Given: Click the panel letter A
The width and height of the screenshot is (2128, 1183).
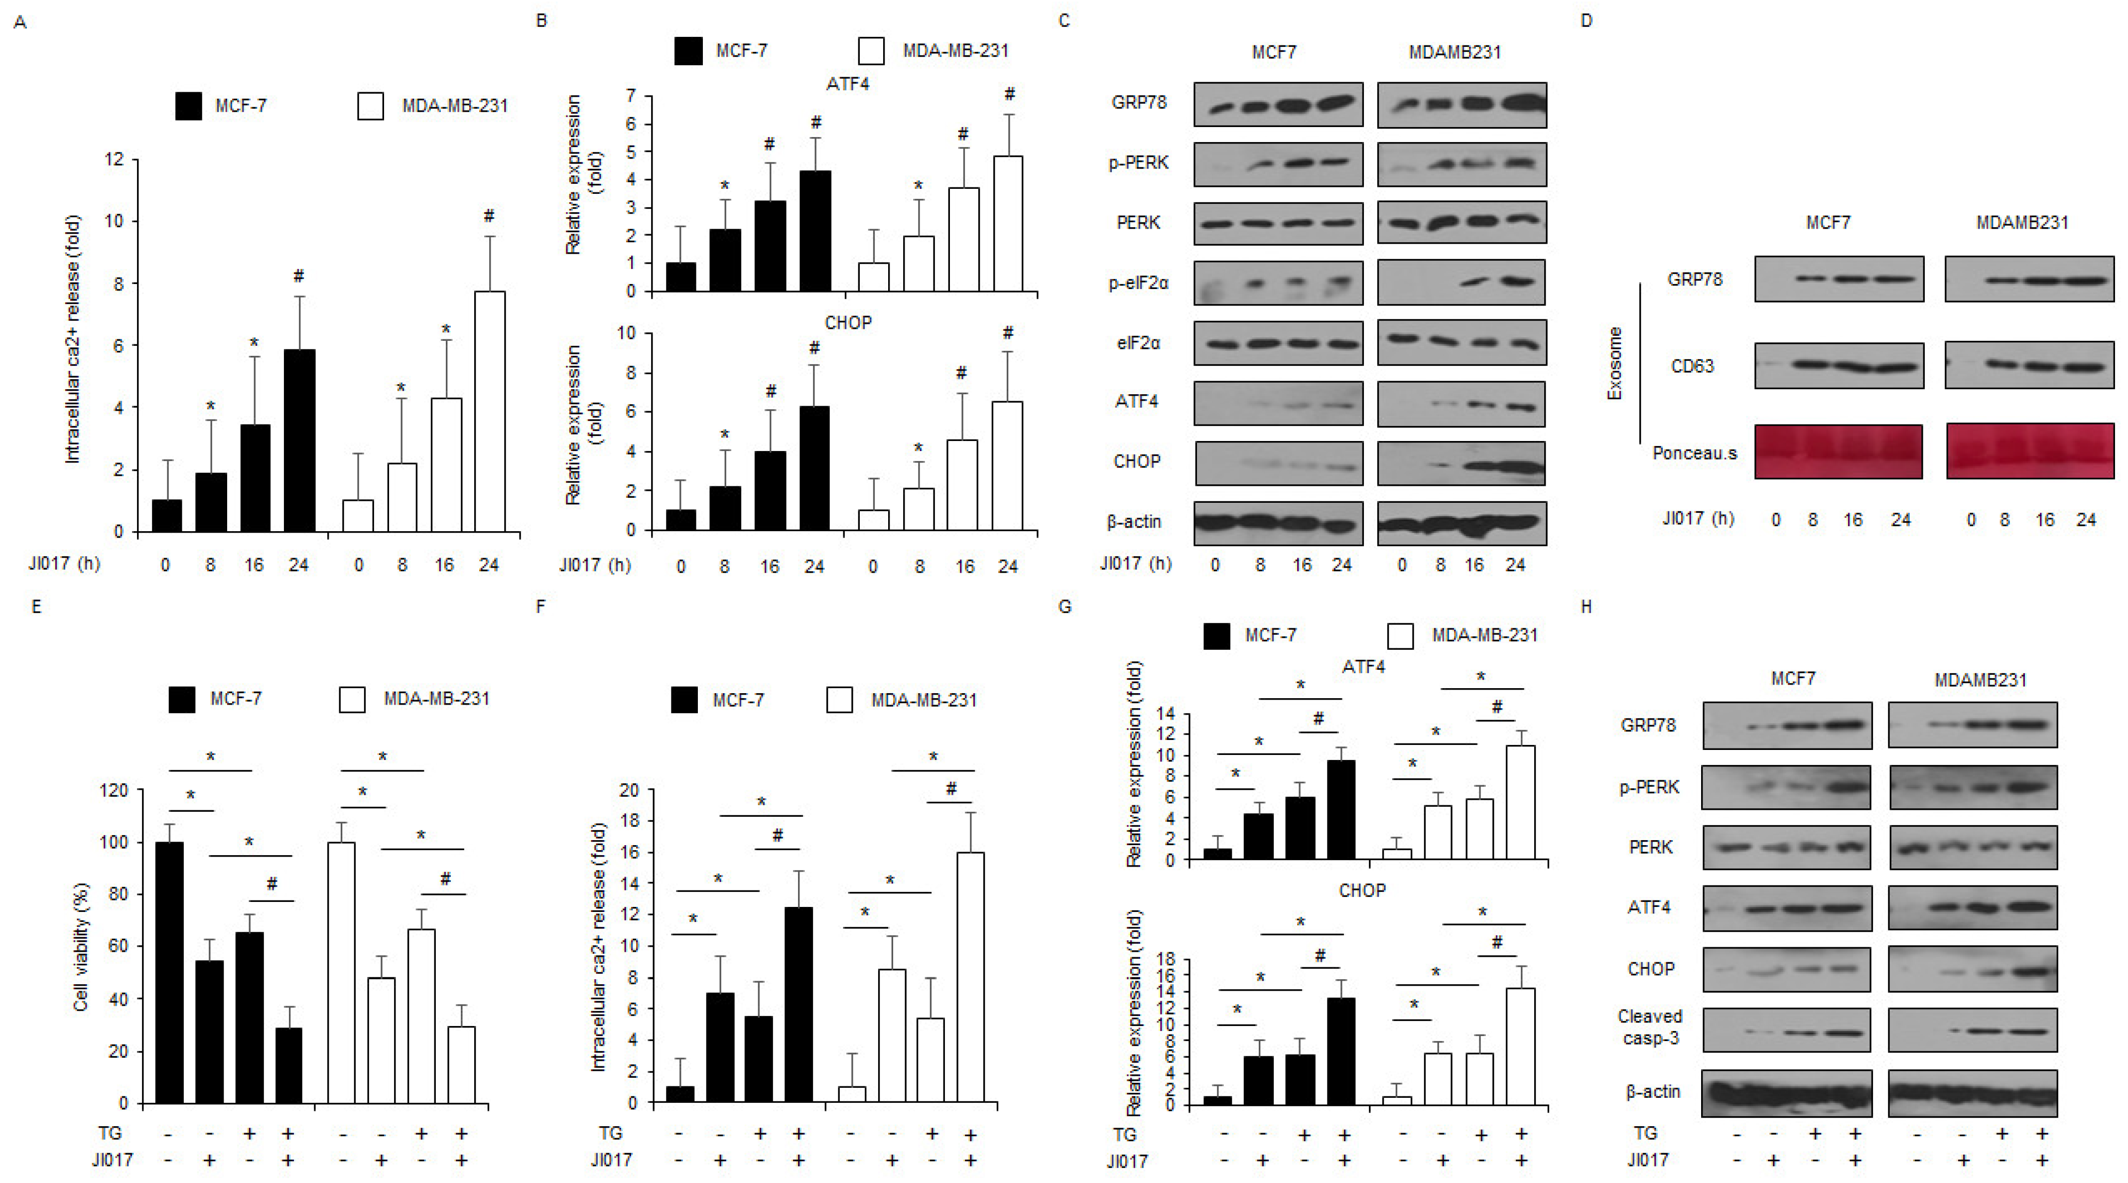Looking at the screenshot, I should [x=20, y=23].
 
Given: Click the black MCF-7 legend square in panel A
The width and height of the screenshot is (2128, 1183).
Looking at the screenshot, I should [x=188, y=106].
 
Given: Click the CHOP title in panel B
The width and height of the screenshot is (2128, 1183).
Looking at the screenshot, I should [x=848, y=322].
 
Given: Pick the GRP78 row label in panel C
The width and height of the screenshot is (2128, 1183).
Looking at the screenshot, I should [x=1138, y=103].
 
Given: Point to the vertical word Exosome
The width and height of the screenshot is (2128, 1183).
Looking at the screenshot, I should [x=1614, y=363].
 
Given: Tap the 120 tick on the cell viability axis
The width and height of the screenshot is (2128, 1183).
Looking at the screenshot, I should [x=113, y=791].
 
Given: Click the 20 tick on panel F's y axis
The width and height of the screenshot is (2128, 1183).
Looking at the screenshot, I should [x=630, y=791].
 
